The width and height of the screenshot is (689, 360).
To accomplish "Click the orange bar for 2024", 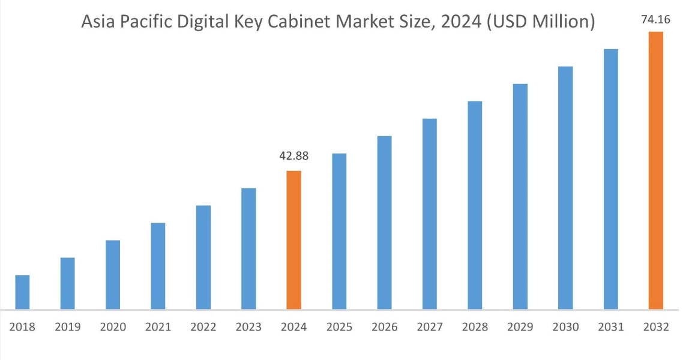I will [293, 240].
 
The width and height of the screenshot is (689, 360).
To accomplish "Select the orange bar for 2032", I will [655, 170].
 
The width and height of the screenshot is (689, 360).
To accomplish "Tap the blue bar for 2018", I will [22, 292].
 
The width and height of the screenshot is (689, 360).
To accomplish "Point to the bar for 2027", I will [430, 214].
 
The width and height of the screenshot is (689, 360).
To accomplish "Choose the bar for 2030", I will [565, 188].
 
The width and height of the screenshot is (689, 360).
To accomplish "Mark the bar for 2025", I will [339, 231].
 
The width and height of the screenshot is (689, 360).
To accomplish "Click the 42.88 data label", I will [294, 156].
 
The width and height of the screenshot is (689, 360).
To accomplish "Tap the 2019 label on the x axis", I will [68, 327].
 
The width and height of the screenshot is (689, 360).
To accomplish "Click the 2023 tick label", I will [248, 327].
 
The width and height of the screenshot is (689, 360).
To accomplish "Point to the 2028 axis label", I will [475, 327].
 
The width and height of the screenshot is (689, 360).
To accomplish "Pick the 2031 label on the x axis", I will [610, 327].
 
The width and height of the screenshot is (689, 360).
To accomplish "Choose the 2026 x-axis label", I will [384, 327].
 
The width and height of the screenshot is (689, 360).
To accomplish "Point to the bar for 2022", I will [203, 257].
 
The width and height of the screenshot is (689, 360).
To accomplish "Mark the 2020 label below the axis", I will [113, 327].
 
